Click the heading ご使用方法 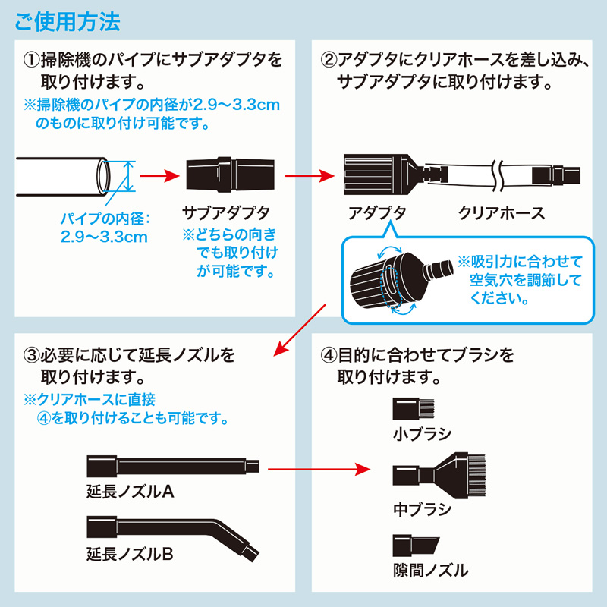click(67, 20)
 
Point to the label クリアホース click(502, 213)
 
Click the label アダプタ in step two click(377, 213)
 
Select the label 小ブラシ click(423, 435)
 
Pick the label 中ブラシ click(423, 508)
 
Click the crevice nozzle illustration click(414, 544)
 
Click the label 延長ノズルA click(131, 492)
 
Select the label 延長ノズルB click(131, 555)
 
